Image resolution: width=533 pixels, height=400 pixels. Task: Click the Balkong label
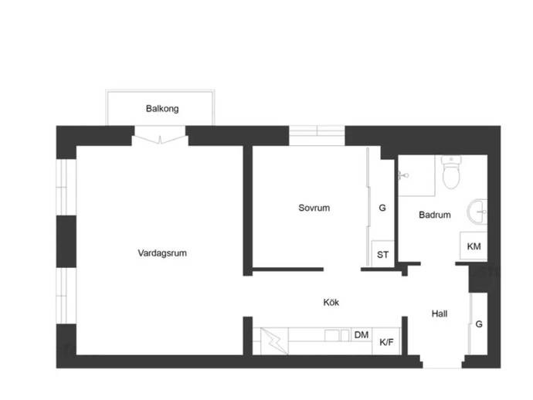click(162, 109)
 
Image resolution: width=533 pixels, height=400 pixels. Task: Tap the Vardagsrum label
click(162, 253)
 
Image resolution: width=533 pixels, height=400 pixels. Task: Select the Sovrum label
click(314, 208)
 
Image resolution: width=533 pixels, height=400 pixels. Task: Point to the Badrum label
click(435, 215)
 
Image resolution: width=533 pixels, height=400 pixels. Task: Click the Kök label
click(331, 303)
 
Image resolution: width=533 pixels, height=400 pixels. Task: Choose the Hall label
click(440, 314)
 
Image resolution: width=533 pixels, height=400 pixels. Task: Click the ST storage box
click(382, 255)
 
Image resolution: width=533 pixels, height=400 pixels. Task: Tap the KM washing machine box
click(474, 246)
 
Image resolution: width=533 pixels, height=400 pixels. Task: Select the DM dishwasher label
click(361, 335)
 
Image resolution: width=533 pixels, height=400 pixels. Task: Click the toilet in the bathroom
click(450, 174)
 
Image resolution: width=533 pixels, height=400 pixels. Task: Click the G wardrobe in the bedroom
click(382, 208)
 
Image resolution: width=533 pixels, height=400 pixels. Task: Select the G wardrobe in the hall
click(479, 324)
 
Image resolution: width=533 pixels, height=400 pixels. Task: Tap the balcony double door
click(160, 140)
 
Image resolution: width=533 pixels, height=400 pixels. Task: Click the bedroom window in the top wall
click(317, 135)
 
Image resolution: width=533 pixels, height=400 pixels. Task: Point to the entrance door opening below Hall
click(441, 362)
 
